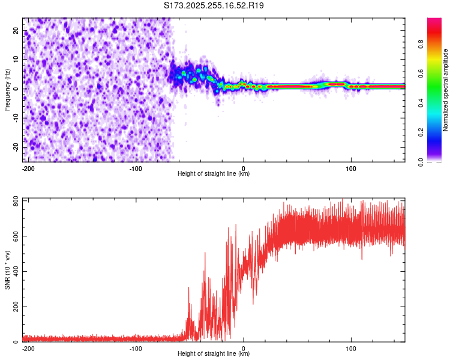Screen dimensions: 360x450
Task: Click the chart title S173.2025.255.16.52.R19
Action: point(214,5)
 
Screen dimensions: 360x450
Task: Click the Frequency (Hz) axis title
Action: point(7,89)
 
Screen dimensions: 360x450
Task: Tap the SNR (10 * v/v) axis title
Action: point(7,270)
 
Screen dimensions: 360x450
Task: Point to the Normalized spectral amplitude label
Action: point(445,90)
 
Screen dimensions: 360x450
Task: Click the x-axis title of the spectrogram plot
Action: point(214,173)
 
